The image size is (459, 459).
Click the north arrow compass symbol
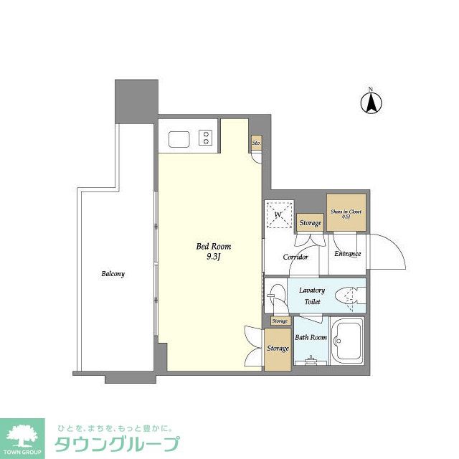[x=371, y=103]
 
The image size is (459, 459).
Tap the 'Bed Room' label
[x=214, y=247]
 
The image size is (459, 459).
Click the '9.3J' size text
[x=214, y=258]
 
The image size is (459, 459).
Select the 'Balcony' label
[x=113, y=274]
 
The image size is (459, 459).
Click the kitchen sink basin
[x=176, y=137]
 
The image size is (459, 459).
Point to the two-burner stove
[x=207, y=137]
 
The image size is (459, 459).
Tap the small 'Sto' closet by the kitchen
[x=256, y=143]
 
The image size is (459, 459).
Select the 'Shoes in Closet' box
[x=346, y=213]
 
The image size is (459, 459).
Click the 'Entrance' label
[x=347, y=253]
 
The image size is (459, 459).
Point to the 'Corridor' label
[x=295, y=257]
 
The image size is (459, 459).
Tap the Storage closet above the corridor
[x=311, y=223]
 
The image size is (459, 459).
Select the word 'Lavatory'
[x=312, y=290]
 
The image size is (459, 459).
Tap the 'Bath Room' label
[x=311, y=337]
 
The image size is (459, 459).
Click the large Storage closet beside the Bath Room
[x=278, y=349]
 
